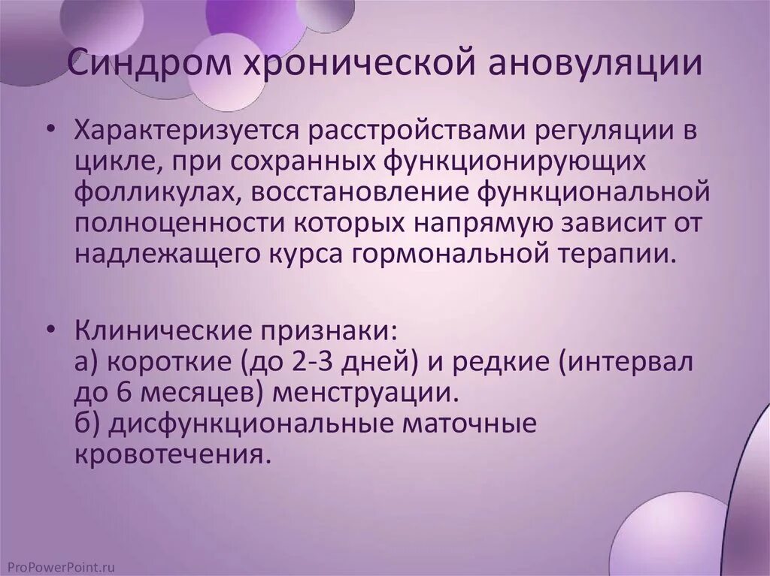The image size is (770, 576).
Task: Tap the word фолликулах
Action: pyautogui.click(x=153, y=192)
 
